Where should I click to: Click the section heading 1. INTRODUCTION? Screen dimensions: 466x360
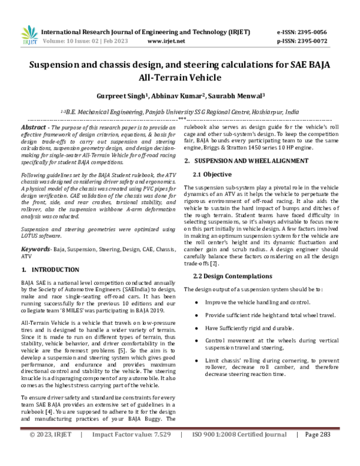tap(50, 253)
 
